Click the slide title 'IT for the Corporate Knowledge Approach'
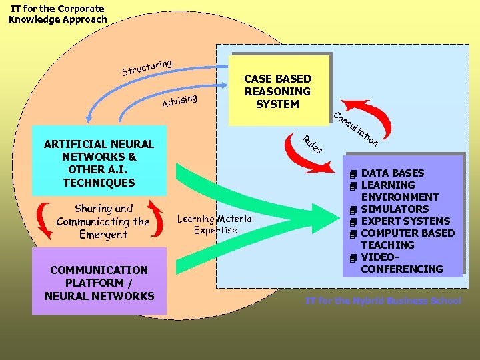tap(57, 14)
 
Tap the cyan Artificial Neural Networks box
tap(99, 163)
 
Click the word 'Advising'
tap(179, 101)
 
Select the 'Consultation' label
tap(356, 128)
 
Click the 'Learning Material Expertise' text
tap(215, 224)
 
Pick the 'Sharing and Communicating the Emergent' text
tap(103, 221)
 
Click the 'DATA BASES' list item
tap(392, 173)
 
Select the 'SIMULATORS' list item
tap(395, 209)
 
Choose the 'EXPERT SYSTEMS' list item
tap(405, 221)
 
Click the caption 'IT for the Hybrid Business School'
tap(383, 301)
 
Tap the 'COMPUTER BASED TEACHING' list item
tap(407, 239)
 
